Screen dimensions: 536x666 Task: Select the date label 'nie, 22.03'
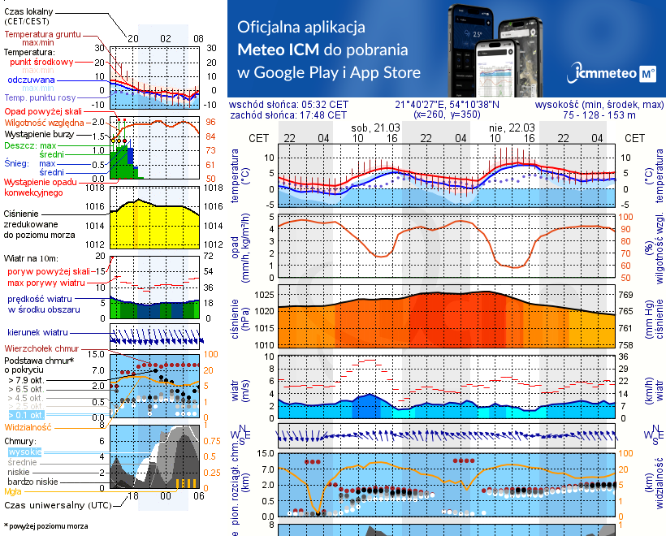(506, 128)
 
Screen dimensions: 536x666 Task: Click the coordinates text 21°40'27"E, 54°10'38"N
(447, 105)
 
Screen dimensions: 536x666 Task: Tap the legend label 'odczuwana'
(31, 80)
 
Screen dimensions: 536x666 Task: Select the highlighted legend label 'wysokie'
(24, 452)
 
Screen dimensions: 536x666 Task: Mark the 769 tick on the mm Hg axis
(625, 295)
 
